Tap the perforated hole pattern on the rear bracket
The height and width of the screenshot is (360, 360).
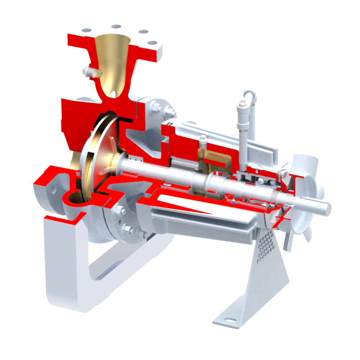point(266,240)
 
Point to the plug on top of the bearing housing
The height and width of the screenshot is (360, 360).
point(202,139)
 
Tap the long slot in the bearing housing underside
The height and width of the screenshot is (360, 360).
point(202,216)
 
